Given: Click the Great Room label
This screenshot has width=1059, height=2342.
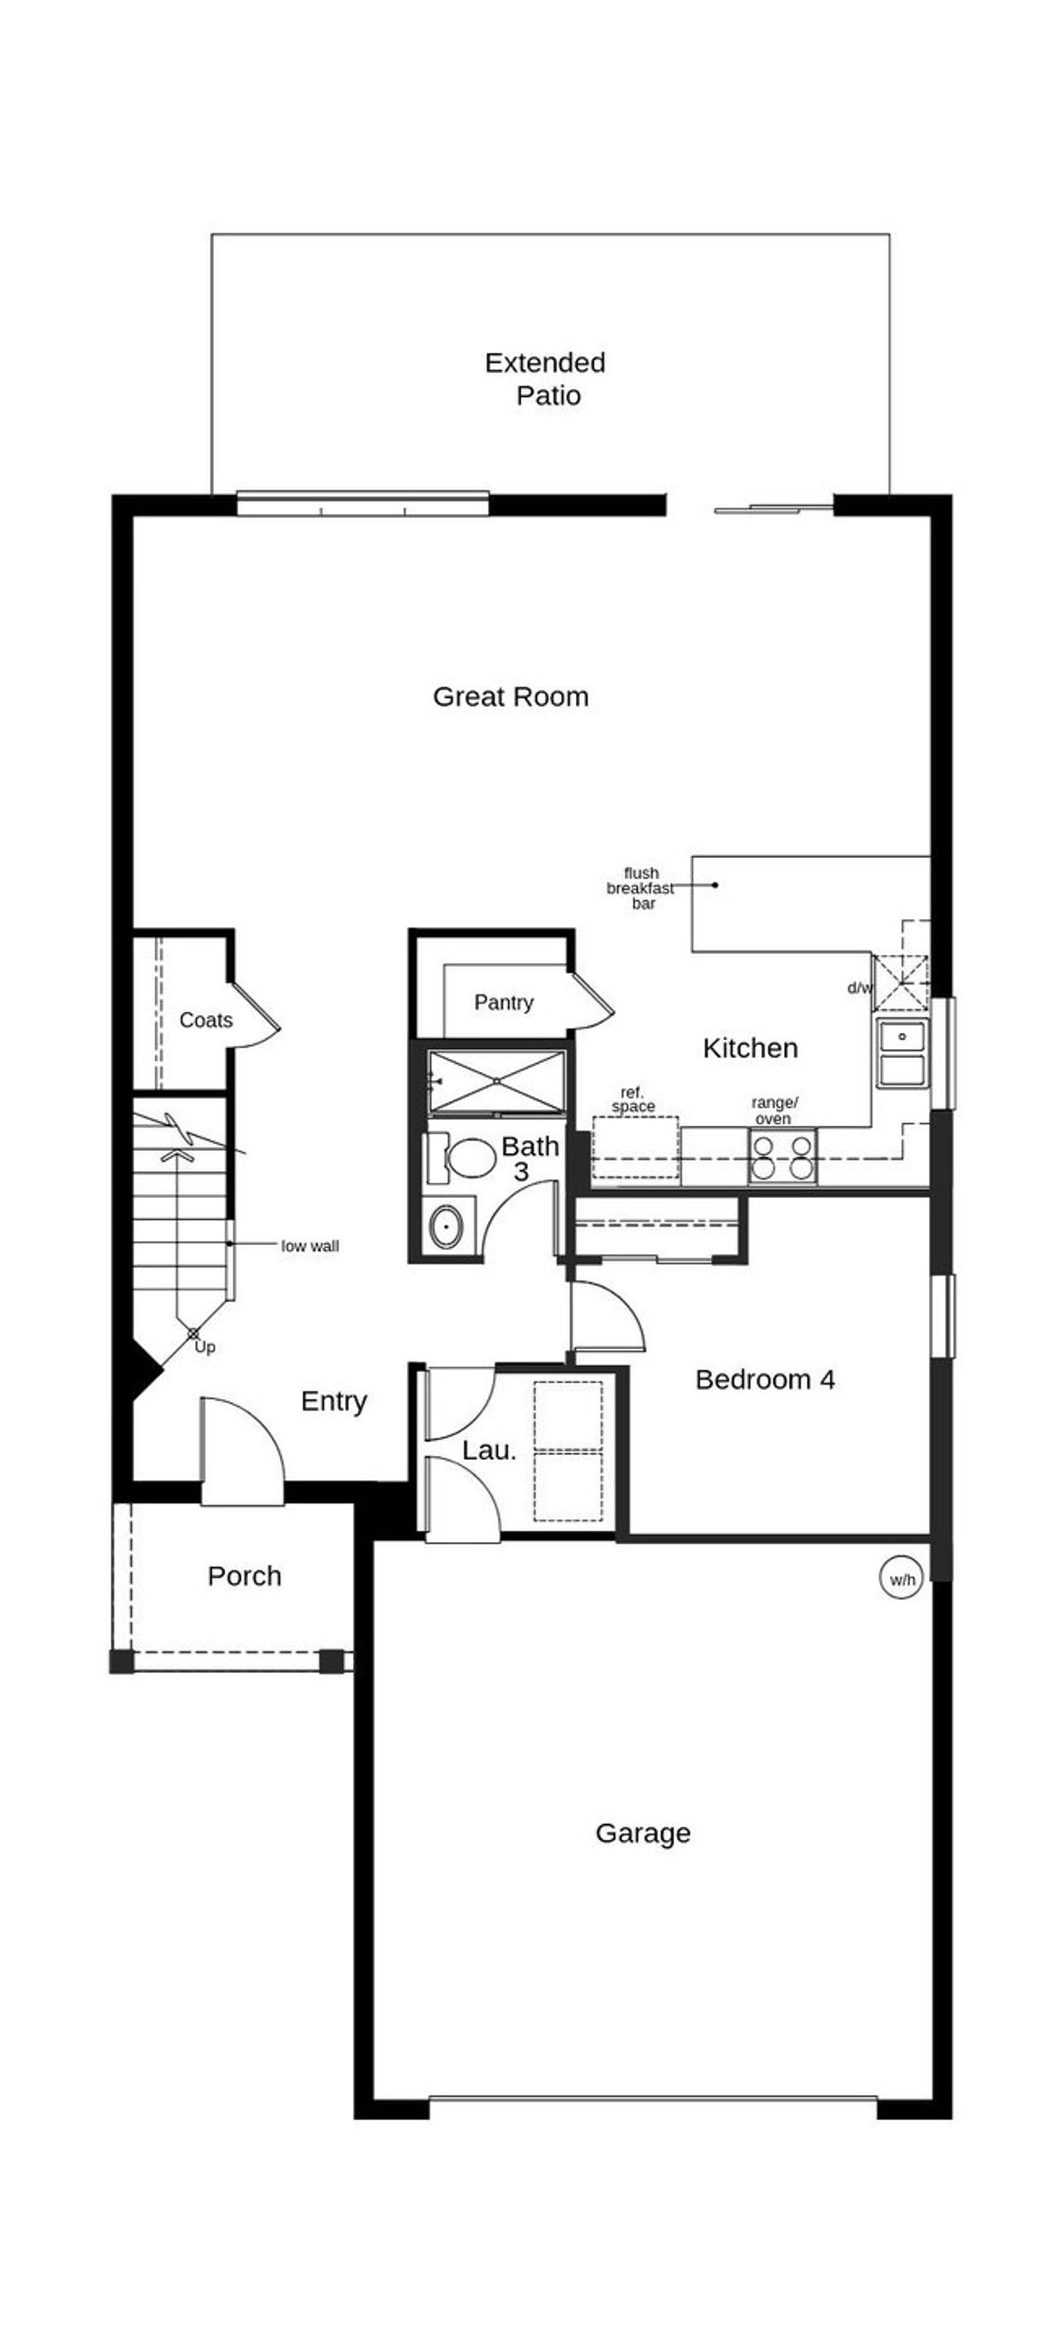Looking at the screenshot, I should (x=510, y=697).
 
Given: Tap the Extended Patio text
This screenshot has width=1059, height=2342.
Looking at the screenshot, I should (x=544, y=378).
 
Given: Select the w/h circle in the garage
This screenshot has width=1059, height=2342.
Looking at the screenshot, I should (x=902, y=1579).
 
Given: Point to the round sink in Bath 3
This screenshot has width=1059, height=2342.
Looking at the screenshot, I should (x=446, y=1225).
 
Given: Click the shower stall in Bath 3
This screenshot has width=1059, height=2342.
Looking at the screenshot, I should (x=496, y=1081).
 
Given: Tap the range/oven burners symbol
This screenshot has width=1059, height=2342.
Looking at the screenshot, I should (x=782, y=1157).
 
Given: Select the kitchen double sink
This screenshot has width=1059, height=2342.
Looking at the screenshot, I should (x=902, y=1052).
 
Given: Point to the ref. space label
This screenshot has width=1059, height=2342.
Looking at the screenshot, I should (x=633, y=1099).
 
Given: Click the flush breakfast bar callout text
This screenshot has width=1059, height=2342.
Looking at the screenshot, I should (x=641, y=888).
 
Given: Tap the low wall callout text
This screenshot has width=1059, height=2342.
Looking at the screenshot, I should (x=310, y=1247).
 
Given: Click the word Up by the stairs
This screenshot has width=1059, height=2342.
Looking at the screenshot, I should (x=205, y=1348).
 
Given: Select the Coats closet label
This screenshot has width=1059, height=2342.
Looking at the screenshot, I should (x=205, y=1020).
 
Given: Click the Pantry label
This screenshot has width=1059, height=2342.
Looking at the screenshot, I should (x=504, y=1002).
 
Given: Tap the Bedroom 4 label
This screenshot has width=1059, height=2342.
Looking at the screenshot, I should (x=764, y=1379).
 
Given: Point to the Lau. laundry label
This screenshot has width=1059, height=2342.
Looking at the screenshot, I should (x=489, y=1451).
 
